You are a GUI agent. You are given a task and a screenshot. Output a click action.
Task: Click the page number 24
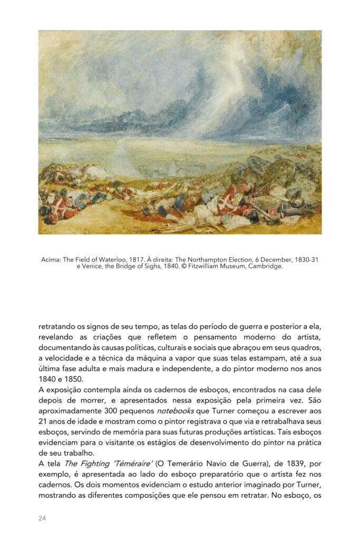pyautogui.click(x=42, y=518)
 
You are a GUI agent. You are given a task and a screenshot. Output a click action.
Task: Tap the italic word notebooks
pyautogui.click(x=175, y=410)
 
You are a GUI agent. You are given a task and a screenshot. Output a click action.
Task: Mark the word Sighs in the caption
pyautogui.click(x=151, y=266)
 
